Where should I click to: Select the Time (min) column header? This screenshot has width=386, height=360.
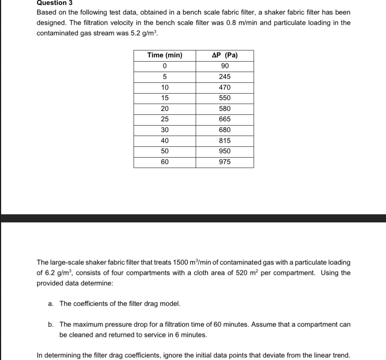[164, 55]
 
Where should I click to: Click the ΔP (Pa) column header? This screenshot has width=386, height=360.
[225, 55]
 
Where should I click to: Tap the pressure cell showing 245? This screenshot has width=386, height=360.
[225, 77]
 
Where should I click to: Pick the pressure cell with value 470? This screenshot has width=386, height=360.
[225, 87]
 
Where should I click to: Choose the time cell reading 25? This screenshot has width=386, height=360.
[164, 119]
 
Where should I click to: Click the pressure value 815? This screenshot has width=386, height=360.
[225, 141]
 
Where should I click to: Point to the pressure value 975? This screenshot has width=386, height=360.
[225, 162]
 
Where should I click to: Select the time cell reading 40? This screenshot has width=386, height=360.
[164, 141]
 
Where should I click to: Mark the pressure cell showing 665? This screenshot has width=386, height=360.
[225, 119]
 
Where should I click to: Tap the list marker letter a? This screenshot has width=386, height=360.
[50, 304]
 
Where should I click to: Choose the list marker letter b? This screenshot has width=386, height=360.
[50, 325]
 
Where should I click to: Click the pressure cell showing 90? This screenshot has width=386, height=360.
[225, 66]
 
